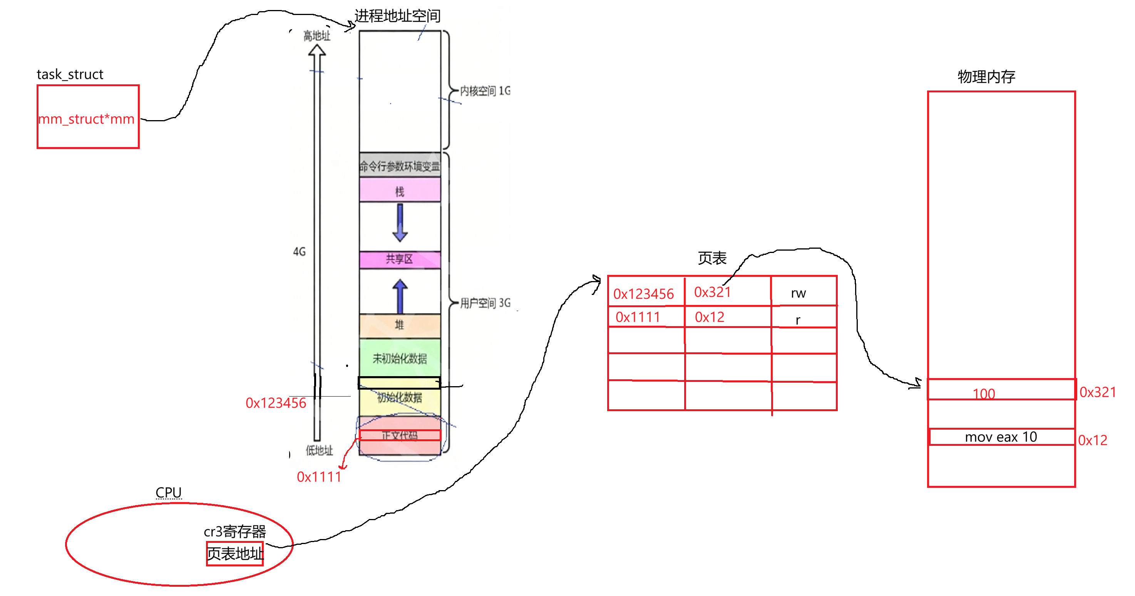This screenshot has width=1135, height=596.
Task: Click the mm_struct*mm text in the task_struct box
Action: coord(86,119)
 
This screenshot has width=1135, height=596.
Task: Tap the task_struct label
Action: coord(70,74)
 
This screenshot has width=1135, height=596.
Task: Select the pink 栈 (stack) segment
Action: coord(400,191)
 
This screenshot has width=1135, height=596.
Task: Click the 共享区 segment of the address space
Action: coord(400,259)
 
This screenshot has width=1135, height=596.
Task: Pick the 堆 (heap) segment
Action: coord(400,325)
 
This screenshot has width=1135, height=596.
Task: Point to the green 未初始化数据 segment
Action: coord(400,358)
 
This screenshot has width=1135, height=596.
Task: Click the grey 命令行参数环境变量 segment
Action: coord(400,166)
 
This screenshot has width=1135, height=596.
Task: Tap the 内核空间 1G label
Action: coord(485,91)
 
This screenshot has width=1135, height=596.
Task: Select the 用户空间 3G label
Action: coord(485,303)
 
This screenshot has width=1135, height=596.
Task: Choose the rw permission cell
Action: coord(799,293)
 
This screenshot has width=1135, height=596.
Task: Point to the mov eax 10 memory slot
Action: coord(1001,437)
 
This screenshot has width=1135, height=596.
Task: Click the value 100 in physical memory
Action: coord(983,393)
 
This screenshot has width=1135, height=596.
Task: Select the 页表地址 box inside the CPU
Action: coord(235,554)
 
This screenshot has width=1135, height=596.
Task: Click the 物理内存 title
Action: coord(986,77)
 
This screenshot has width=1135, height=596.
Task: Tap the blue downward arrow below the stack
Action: coord(400,223)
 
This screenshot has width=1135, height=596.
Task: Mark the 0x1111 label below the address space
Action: coord(319,477)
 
